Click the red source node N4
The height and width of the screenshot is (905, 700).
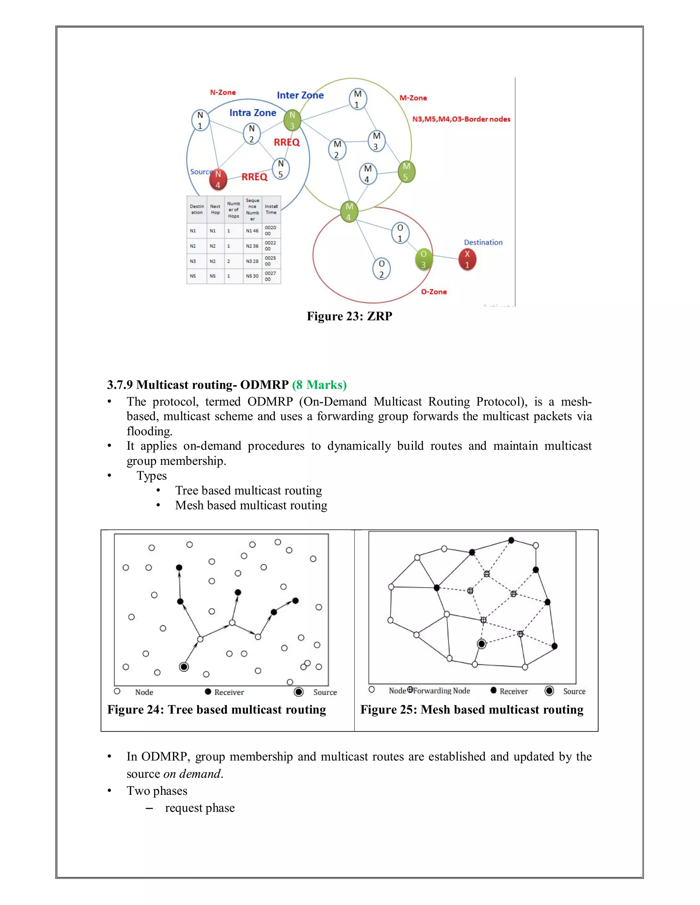coord(218,179)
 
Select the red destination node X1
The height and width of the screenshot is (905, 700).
coord(467,260)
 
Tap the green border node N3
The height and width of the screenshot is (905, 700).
coord(292,120)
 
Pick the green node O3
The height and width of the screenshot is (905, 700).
coord(423,260)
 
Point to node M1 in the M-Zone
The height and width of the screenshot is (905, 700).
coord(358,99)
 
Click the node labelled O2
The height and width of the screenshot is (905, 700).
coord(381,269)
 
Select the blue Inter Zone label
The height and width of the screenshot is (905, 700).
coord(300,95)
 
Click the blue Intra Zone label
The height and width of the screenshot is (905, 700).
coord(253,113)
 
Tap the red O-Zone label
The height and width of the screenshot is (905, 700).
coord(434,292)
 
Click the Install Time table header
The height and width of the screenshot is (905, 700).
coord(271,209)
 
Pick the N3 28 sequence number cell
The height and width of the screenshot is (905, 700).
coord(252,261)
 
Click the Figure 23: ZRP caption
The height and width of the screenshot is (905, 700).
coord(349,316)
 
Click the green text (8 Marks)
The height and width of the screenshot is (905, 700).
coord(319,385)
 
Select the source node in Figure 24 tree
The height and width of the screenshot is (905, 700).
coord(184,667)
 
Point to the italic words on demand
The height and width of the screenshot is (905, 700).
coord(193,774)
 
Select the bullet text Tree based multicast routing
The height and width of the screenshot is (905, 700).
coord(248,491)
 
